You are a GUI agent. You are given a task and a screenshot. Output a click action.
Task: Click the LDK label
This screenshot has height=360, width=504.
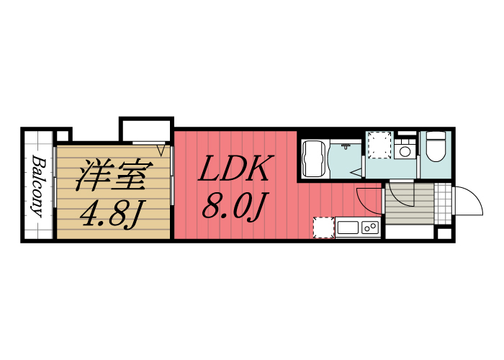234,170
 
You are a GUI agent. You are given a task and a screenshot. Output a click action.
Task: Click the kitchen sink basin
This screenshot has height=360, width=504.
348,228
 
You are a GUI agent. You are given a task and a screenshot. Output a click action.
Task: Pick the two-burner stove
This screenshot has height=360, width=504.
371,228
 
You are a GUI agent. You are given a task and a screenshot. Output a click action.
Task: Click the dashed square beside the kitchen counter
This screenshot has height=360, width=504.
323,228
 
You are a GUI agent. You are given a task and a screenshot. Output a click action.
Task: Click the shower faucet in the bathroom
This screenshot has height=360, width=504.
346,147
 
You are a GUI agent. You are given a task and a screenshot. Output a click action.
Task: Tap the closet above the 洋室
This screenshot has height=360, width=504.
147,130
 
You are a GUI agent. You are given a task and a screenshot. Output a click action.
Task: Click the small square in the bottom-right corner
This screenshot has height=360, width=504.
444,233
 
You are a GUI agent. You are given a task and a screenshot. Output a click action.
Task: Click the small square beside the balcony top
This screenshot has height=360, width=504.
63,135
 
